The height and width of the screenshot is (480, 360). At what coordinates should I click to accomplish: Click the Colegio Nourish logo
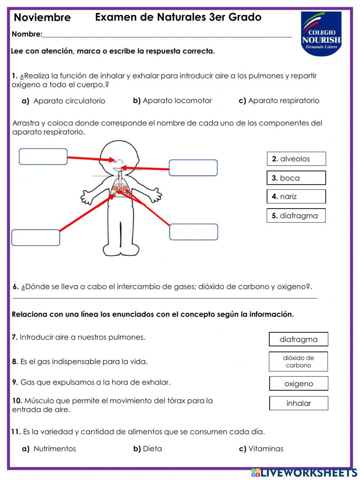click(321, 34)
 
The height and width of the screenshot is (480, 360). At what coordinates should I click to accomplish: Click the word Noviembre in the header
click(42, 17)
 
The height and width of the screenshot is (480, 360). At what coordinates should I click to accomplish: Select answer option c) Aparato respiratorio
click(279, 101)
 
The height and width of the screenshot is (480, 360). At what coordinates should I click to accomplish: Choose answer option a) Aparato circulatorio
click(64, 101)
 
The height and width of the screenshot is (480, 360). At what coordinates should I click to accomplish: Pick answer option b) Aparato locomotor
click(172, 101)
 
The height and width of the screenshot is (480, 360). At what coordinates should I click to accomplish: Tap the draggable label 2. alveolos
click(296, 159)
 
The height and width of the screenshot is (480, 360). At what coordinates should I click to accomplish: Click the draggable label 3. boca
click(296, 178)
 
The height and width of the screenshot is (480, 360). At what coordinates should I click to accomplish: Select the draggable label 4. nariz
click(296, 196)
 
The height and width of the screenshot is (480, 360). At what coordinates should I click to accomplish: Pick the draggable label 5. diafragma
click(296, 215)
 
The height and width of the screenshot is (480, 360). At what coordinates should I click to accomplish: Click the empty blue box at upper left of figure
click(43, 157)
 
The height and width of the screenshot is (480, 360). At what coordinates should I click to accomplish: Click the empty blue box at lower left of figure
click(36, 238)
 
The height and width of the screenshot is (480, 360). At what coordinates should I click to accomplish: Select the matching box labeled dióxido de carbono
click(298, 361)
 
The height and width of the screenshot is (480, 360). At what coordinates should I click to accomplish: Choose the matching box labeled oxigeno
click(298, 384)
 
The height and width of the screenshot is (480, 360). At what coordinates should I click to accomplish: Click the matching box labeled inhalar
click(298, 403)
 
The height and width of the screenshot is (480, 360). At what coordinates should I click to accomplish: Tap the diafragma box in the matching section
click(298, 339)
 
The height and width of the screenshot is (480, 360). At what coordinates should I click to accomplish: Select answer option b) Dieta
click(148, 449)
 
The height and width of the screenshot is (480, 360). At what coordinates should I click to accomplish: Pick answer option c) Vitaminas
click(261, 449)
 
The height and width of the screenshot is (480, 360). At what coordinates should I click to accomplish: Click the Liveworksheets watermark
click(304, 473)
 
